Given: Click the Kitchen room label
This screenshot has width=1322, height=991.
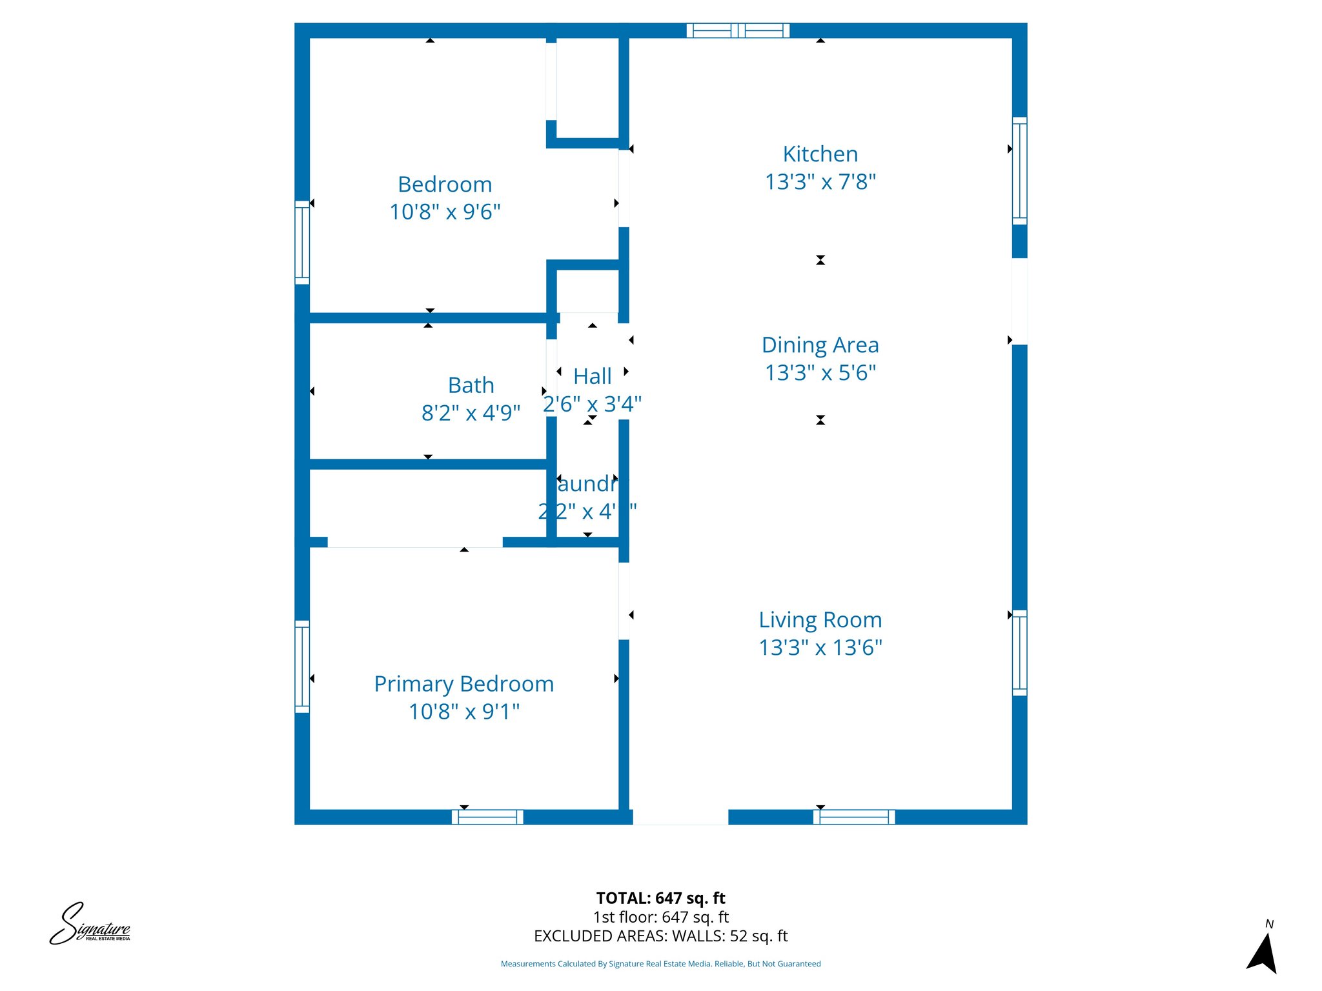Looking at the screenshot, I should tap(820, 154).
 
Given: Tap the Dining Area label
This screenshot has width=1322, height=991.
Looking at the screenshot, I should tap(820, 345).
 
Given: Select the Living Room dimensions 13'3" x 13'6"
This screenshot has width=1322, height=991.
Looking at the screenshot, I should tap(820, 647).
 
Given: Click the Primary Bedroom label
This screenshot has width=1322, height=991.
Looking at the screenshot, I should tap(463, 684).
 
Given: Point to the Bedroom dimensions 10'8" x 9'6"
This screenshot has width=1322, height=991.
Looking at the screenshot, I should tap(445, 212).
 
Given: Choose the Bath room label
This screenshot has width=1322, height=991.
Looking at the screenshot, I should tap(471, 385).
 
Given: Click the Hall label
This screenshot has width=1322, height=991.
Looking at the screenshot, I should tap(592, 376).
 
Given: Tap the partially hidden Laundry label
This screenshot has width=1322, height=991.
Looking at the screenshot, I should tap(587, 484).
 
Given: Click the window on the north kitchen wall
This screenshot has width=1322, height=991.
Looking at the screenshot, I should tap(737, 30).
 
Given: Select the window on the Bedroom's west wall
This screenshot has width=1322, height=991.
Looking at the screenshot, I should tap(302, 242).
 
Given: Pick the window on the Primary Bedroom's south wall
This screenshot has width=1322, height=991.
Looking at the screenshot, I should tap(487, 817).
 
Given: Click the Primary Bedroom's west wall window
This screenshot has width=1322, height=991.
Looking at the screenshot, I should tap(302, 666).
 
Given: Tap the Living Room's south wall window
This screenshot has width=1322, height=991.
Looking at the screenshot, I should tap(853, 817).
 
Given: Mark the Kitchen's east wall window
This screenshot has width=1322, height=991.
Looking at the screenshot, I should tap(1019, 171).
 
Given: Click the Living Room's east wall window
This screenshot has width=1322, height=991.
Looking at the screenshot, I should tap(1019, 652).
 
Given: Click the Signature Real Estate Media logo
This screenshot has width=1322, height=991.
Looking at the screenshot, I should tap(90, 925).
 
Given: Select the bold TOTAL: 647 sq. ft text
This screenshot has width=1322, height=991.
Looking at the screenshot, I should tap(660, 898).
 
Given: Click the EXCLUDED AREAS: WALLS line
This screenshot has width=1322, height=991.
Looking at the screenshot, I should tap(660, 936).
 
